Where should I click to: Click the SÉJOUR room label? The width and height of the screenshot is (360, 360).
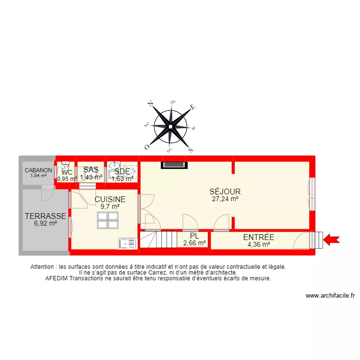pyautogui.click(x=225, y=192)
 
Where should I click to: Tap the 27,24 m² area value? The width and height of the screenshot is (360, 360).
pyautogui.click(x=225, y=198)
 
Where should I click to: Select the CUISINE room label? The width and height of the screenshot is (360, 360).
pyautogui.click(x=110, y=199)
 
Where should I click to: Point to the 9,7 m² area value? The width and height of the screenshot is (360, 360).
pyautogui.click(x=110, y=206)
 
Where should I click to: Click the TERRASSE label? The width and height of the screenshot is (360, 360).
pyautogui.click(x=46, y=216)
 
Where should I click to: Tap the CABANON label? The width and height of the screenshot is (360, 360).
pyautogui.click(x=38, y=170)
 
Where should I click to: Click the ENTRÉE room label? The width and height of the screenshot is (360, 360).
pyautogui.click(x=258, y=237)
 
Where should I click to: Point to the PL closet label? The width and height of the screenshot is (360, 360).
pyautogui.click(x=194, y=236)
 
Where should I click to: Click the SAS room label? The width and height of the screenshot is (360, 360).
pyautogui.click(x=91, y=169)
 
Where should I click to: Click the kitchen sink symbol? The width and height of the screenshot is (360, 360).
pyautogui.click(x=127, y=243)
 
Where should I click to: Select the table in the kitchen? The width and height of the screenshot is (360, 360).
pyautogui.click(x=108, y=220)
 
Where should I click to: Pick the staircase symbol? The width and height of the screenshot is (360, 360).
pyautogui.click(x=158, y=239)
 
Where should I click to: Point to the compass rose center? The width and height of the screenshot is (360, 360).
pyautogui.click(x=170, y=126)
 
